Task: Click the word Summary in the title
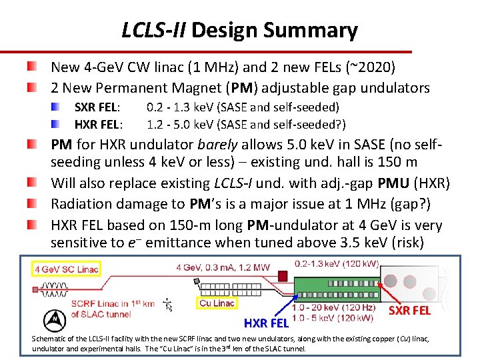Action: [311, 31]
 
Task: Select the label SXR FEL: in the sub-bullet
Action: [97, 107]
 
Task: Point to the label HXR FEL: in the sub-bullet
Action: [98, 124]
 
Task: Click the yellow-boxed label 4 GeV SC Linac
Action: [67, 269]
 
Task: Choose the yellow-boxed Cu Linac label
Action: [217, 303]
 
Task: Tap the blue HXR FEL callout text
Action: [266, 323]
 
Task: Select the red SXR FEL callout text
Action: [409, 311]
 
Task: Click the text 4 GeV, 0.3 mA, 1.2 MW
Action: [223, 268]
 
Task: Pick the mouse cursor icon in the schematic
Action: [168, 305]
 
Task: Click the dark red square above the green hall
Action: [283, 275]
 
